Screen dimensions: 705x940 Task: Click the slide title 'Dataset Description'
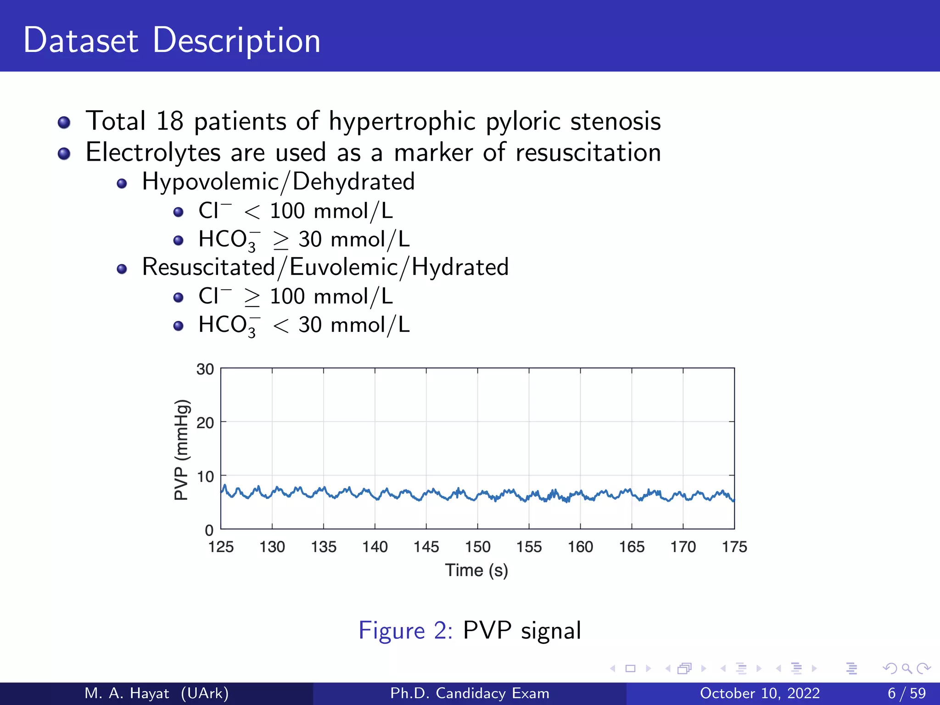[x=172, y=40]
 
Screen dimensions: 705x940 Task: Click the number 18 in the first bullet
[x=169, y=121]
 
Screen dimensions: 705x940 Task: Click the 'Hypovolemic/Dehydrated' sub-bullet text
[x=278, y=182]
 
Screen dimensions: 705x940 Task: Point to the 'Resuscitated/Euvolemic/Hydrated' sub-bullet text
[x=325, y=267]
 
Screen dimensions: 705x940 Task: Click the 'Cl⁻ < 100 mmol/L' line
[x=296, y=211]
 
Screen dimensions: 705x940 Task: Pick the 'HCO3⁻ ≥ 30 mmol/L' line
[x=303, y=240]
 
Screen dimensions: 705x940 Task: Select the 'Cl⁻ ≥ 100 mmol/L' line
[x=296, y=297]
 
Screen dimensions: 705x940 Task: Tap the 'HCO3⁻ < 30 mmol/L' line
[x=303, y=325]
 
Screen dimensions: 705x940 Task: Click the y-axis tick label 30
[x=205, y=369]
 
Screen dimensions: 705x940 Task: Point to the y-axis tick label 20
[x=205, y=423]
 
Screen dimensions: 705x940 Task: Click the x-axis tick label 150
[x=478, y=547]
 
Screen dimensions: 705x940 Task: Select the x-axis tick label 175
[x=734, y=547]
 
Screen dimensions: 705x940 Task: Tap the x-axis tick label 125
[x=221, y=547]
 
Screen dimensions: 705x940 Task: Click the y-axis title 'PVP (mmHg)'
[x=182, y=450]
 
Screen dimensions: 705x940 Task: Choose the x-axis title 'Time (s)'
[x=477, y=571]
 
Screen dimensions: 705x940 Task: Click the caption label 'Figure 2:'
[x=406, y=630]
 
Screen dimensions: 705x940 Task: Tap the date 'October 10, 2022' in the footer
[x=760, y=693]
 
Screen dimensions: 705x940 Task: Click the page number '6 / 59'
[x=906, y=693]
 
